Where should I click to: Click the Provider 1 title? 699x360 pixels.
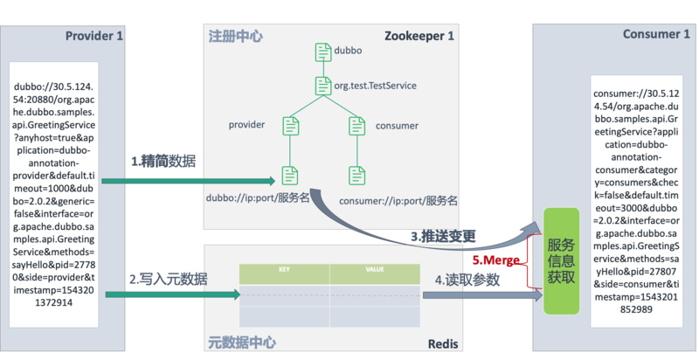click(94, 36)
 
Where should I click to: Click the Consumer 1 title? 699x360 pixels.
click(656, 35)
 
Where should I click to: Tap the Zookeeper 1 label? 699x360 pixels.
click(419, 36)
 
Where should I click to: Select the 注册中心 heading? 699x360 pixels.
click(235, 37)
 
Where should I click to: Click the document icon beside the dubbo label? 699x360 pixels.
click(322, 52)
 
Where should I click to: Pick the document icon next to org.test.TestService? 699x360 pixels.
click(322, 86)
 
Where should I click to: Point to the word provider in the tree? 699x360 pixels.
click(246, 126)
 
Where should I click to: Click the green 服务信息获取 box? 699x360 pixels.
click(561, 260)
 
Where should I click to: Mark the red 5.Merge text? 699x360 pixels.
click(495, 260)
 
